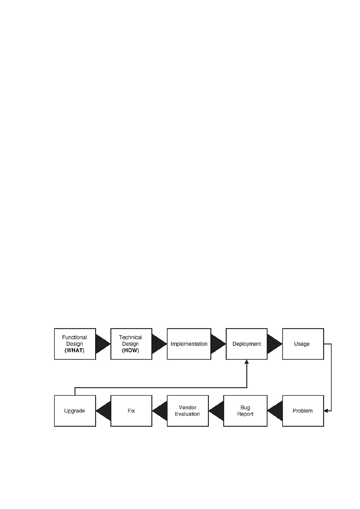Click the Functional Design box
(75, 344)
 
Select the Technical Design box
(131, 344)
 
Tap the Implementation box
(189, 344)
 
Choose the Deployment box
(247, 344)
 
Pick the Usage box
(303, 344)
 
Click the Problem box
(303, 411)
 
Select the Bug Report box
(245, 411)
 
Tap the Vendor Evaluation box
(188, 411)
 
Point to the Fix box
(131, 411)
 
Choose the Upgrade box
(75, 411)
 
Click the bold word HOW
(131, 350)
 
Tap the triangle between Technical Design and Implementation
(158, 344)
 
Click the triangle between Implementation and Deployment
(217, 344)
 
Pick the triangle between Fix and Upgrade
(105, 411)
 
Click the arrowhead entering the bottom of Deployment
(247, 362)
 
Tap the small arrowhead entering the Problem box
(326, 411)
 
